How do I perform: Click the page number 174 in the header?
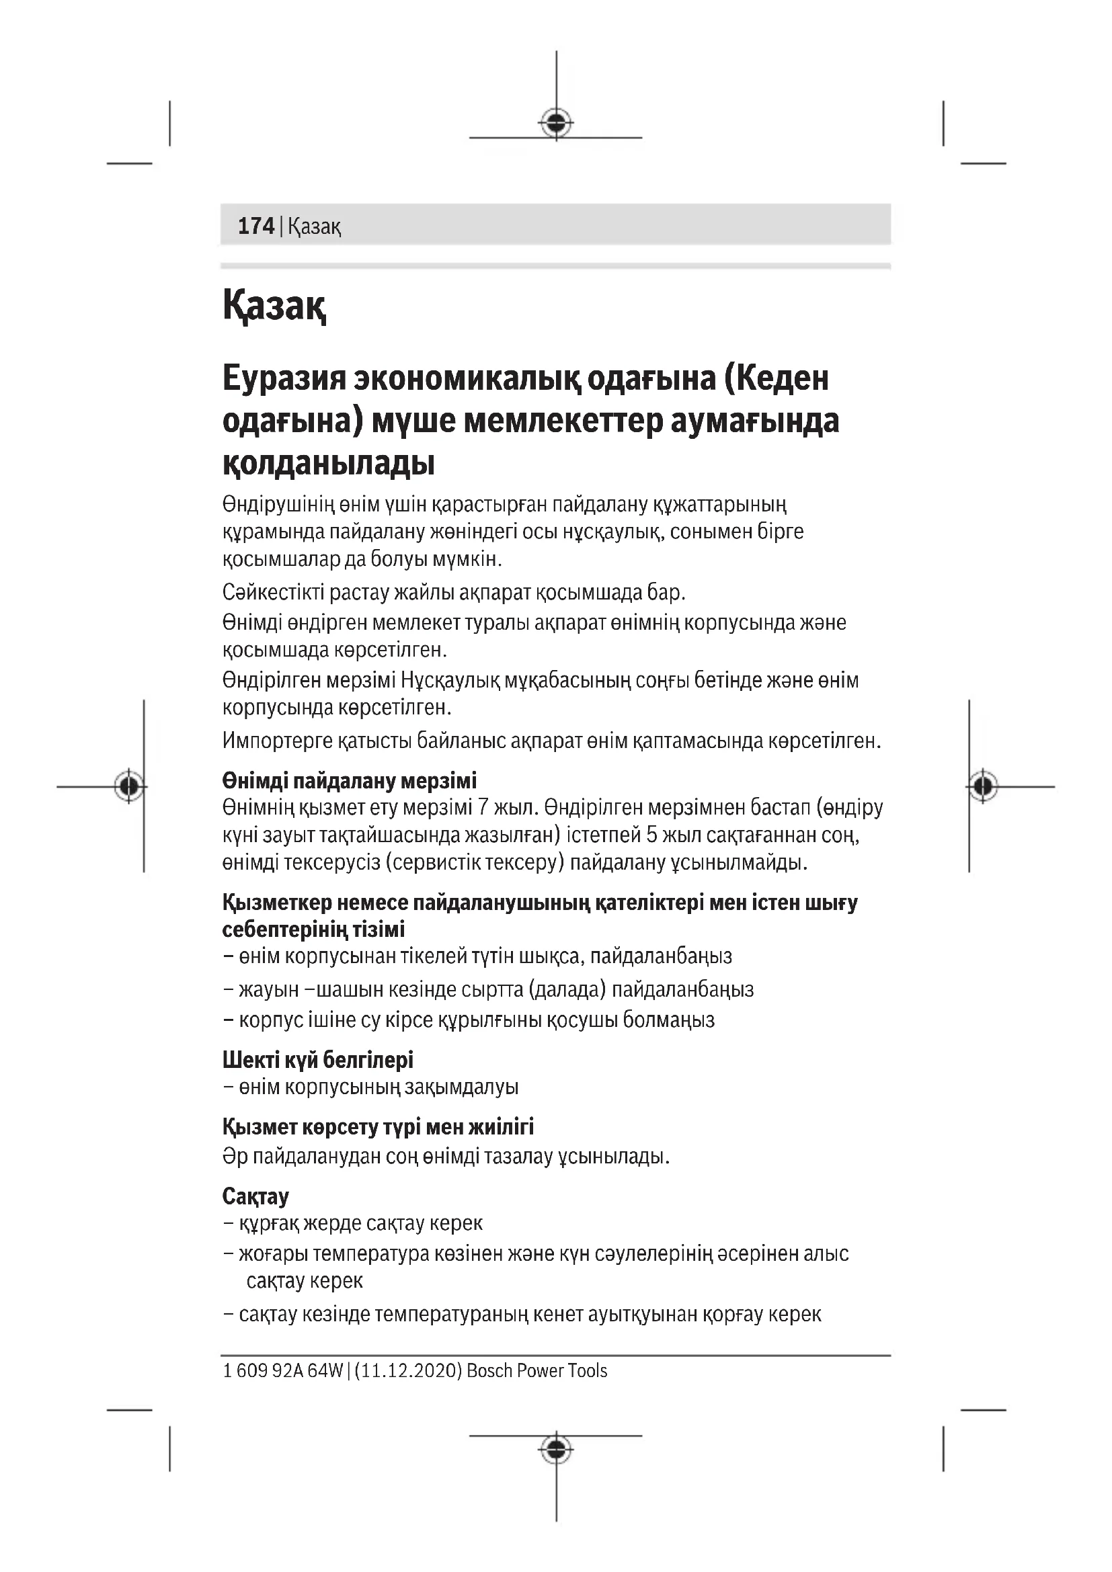[x=255, y=226]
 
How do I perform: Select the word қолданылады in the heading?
[x=329, y=464]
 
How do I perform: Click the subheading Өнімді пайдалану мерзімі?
[x=349, y=780]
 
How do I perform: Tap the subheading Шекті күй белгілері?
[x=318, y=1060]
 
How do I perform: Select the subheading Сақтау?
[x=255, y=1196]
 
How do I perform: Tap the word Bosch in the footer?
[x=489, y=1370]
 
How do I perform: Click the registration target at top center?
[x=556, y=122]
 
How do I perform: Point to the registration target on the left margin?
[x=128, y=786]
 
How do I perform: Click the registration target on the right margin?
[x=983, y=786]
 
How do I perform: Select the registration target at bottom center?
[x=556, y=1448]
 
